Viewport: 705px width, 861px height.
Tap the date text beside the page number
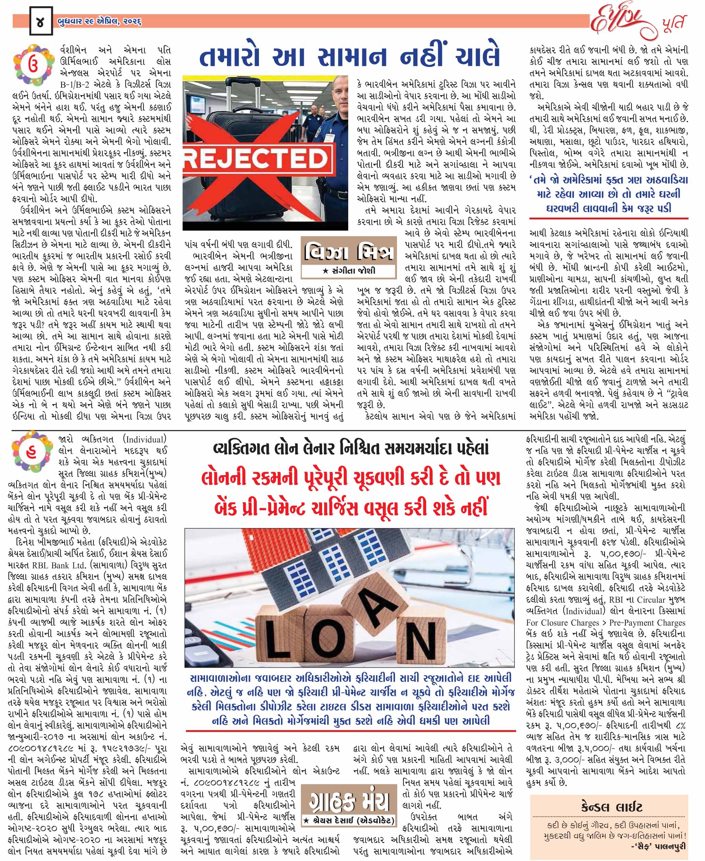pos(100,22)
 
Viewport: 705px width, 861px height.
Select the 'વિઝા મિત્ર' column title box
pos(349,252)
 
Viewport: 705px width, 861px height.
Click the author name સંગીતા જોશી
pos(349,271)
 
